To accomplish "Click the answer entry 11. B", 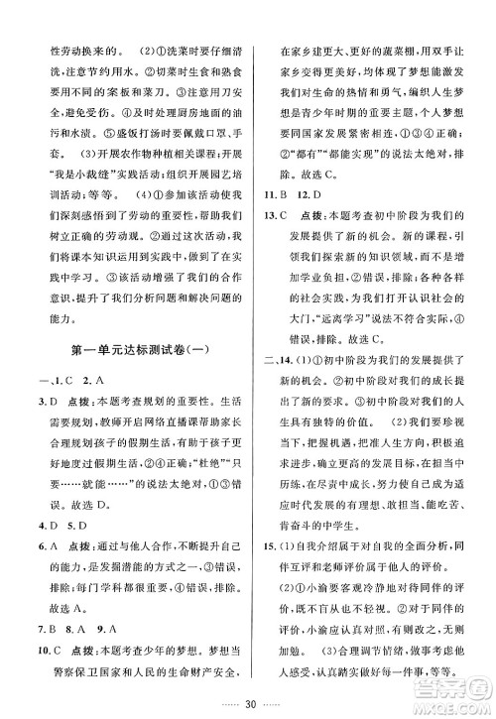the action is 274,222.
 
